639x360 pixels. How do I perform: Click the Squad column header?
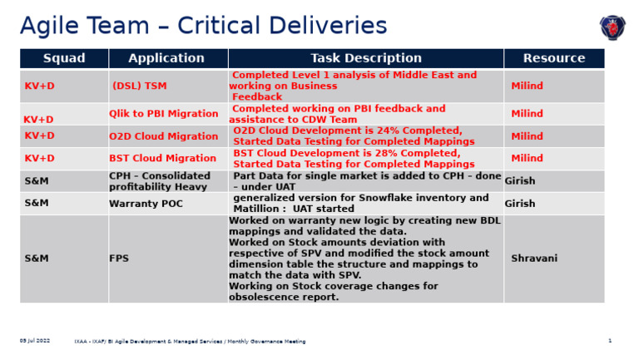click(x=64, y=58)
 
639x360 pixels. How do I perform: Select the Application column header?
click(x=166, y=58)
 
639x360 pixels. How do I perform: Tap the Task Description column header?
click(x=365, y=58)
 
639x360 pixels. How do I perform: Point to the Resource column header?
click(x=553, y=58)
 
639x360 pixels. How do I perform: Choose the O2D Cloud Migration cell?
click(x=163, y=136)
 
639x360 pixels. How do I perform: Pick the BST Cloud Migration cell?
click(x=162, y=159)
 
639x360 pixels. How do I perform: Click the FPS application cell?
click(x=119, y=259)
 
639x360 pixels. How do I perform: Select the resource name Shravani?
click(x=533, y=259)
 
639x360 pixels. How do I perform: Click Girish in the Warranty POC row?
click(x=520, y=203)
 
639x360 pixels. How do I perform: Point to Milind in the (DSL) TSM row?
click(x=527, y=86)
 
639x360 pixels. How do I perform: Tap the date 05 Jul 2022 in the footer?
click(x=35, y=341)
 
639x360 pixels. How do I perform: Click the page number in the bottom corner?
click(x=609, y=341)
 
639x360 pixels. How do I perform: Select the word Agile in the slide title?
click(x=51, y=26)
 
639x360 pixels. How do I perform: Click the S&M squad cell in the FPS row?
click(x=37, y=259)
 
